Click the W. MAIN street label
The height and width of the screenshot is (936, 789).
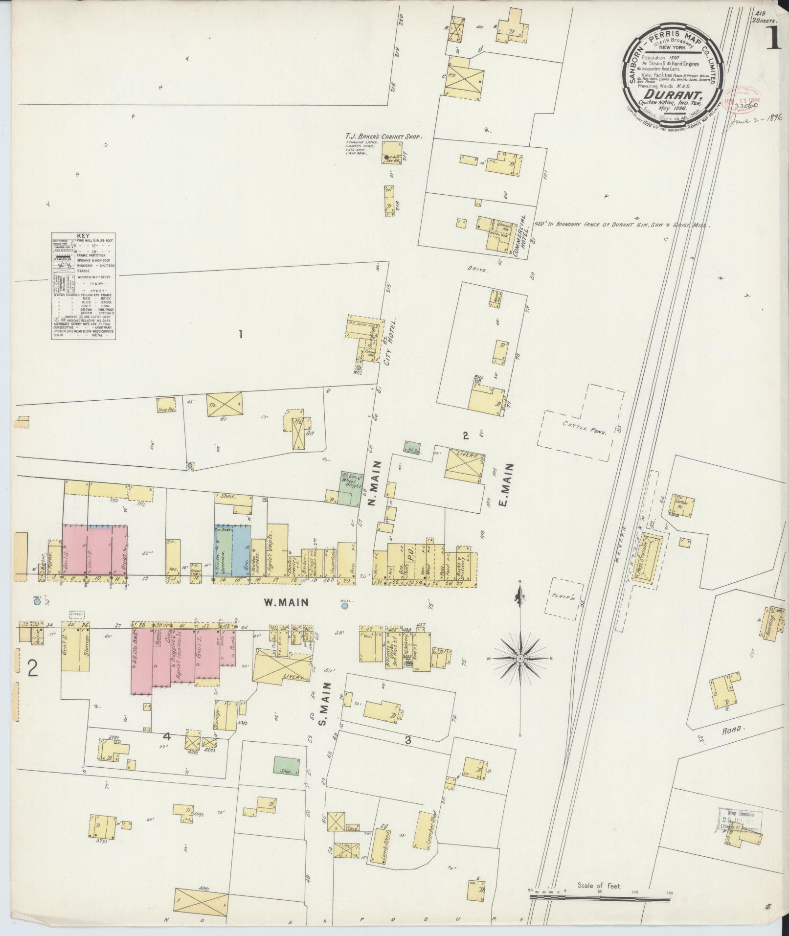pos(286,603)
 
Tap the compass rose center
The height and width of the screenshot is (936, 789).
pos(520,659)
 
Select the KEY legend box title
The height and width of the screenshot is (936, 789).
pos(83,236)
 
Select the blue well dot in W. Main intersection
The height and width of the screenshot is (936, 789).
pos(345,606)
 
